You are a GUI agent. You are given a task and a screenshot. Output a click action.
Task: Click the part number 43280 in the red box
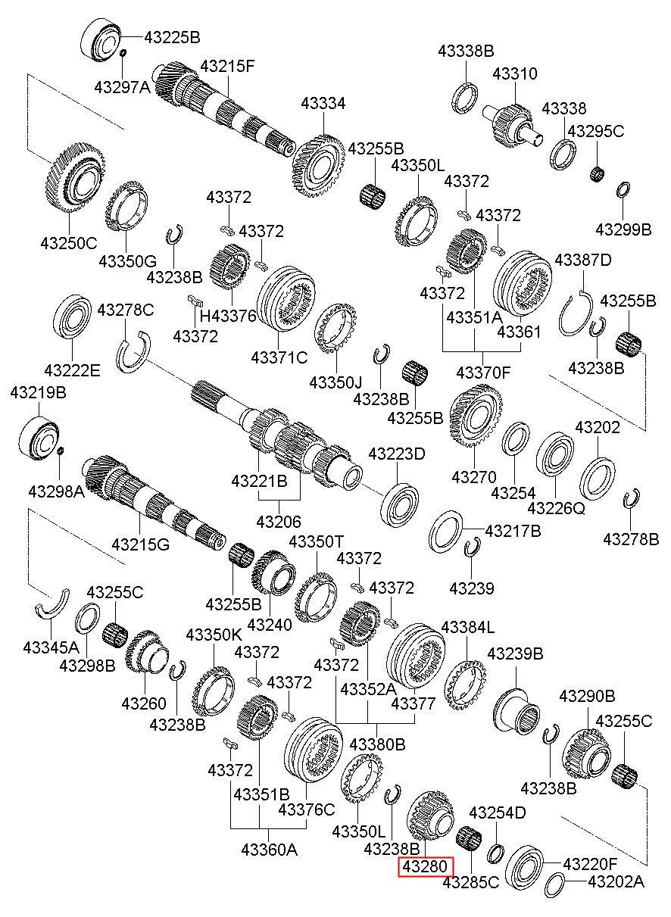[x=426, y=866]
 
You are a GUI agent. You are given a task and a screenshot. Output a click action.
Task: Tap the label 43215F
[x=227, y=66]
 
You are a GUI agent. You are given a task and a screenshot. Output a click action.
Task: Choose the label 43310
[x=515, y=73]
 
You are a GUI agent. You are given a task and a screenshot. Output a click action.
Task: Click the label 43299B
[x=623, y=229]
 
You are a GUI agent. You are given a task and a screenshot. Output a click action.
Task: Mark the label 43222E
[x=72, y=370]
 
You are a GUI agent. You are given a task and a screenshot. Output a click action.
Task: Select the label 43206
[x=279, y=521]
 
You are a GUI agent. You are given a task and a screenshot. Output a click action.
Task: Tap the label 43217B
[x=513, y=531]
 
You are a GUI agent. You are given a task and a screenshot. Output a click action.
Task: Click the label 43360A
[x=270, y=850]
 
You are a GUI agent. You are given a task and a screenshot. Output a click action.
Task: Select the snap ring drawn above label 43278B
[x=630, y=501]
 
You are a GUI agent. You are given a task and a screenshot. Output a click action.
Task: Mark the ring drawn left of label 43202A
[x=554, y=884]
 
